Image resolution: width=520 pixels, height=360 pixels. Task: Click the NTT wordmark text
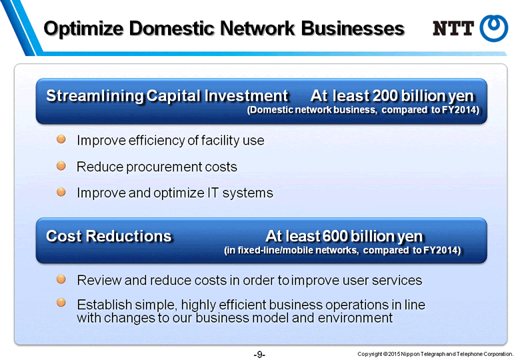453,28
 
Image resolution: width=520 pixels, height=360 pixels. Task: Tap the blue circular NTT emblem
494,28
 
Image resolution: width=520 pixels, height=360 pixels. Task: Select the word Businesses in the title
353,28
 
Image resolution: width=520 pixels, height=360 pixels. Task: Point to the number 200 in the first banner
385,96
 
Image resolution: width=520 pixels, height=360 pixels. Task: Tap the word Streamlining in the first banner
95,96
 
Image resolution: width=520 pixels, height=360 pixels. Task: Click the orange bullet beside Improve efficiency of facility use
61,139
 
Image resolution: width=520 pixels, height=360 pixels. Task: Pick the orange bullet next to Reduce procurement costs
61,165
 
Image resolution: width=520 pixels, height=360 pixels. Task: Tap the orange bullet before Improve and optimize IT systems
61,191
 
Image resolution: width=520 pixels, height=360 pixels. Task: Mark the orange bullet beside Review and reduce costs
61,279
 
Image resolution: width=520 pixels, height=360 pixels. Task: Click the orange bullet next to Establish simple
61,302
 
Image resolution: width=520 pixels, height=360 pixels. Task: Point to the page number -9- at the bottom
259,355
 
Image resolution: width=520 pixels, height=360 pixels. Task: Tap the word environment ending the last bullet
355,317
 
